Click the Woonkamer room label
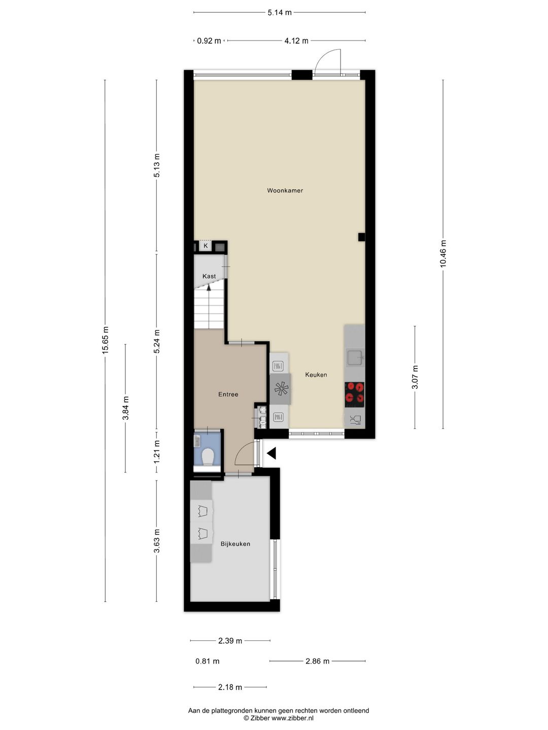coord(285,191)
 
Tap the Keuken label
coord(316,375)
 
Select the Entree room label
coord(228,394)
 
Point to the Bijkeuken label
coord(235,544)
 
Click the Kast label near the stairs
coord(209,276)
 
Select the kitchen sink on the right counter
coord(354,358)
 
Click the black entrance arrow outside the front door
coord(271,453)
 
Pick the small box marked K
coord(205,246)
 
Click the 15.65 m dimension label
coord(105,340)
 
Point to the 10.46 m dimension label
coord(443,253)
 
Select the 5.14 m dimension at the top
coord(280,12)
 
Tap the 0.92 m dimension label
coord(209,41)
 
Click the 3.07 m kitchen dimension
coord(415,377)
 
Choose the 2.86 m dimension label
coord(317,661)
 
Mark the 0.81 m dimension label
coord(208,661)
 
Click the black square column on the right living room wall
coord(361,237)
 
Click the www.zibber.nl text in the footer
coord(293,718)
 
